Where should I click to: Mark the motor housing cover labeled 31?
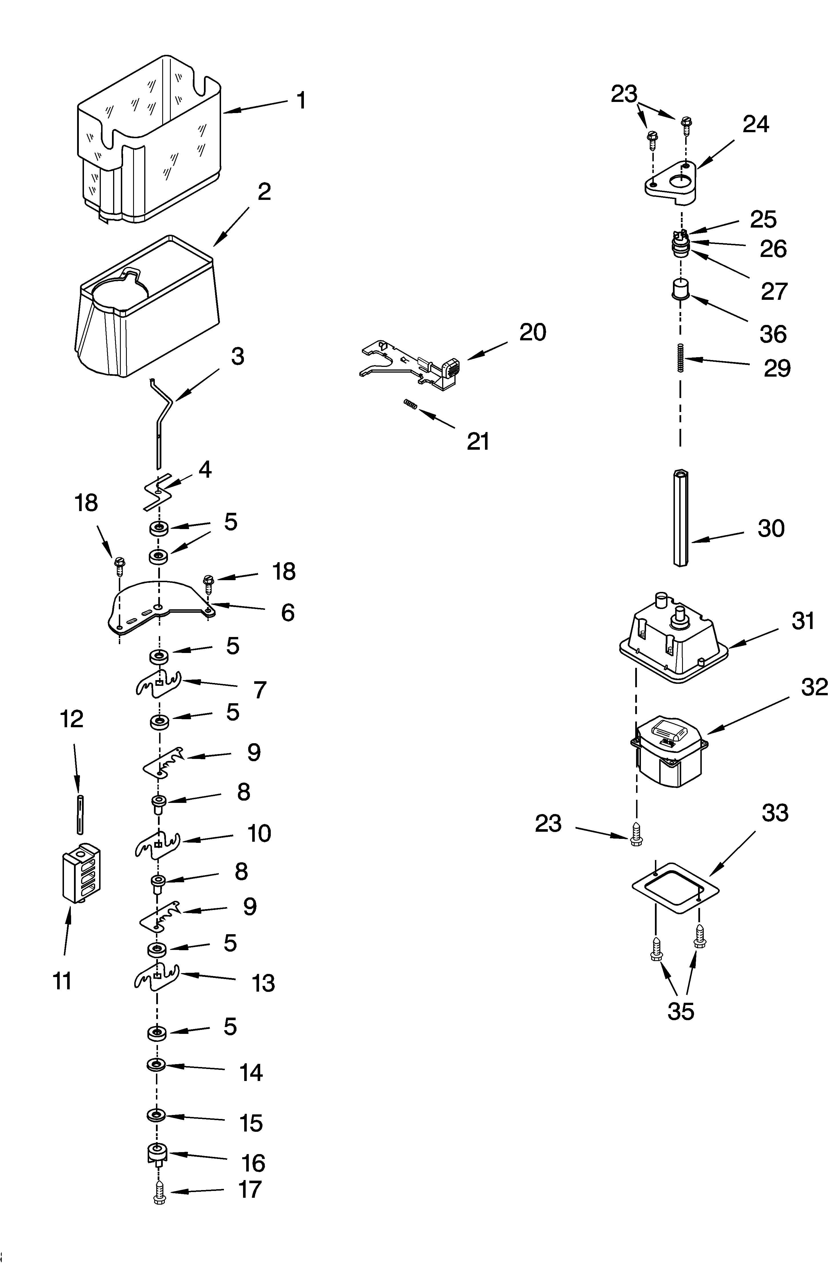(x=675, y=643)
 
